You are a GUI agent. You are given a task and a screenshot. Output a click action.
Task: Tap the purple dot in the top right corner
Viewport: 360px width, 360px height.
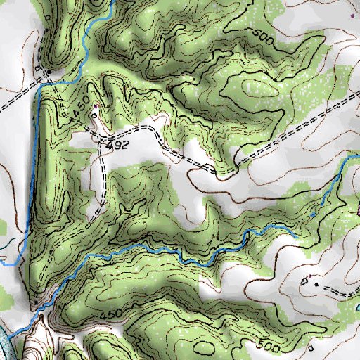click(352, 14)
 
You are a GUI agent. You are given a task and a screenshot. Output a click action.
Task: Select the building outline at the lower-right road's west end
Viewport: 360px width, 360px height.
click(304, 281)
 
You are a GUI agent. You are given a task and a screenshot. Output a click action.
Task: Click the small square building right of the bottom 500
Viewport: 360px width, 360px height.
click(311, 347)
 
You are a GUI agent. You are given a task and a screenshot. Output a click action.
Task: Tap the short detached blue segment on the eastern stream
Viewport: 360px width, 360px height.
click(311, 214)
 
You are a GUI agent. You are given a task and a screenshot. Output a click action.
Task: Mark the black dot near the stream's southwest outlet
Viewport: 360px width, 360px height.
click(33, 304)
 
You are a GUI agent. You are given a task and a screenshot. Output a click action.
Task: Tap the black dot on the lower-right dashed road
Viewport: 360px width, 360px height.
click(316, 285)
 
